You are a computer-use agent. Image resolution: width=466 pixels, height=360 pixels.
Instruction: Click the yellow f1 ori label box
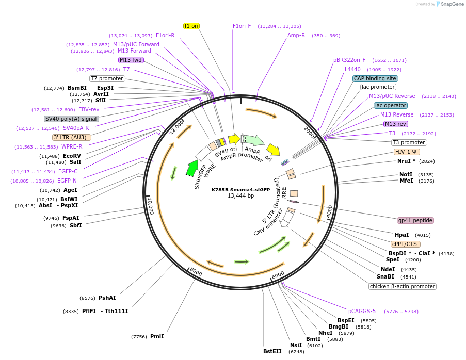(x=191, y=26)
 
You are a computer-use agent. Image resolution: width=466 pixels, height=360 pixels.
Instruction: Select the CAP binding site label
(x=375, y=78)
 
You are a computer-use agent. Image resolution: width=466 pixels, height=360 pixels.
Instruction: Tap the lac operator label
(x=390, y=105)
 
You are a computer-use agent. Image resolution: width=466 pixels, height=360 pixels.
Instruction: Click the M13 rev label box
(x=395, y=124)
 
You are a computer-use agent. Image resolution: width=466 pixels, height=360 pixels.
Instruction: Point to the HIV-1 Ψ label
(x=407, y=152)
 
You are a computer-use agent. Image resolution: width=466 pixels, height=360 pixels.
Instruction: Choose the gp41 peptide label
(x=415, y=220)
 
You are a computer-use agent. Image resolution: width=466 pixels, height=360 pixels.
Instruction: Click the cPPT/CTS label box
(x=405, y=244)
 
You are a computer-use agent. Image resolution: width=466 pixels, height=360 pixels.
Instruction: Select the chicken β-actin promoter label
(x=403, y=286)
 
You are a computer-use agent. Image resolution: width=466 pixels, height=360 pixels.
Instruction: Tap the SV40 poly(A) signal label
(x=71, y=119)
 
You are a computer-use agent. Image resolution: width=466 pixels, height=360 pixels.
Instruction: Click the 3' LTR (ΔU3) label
(x=72, y=137)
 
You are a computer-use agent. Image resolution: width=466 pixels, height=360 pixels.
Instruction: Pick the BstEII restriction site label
(x=273, y=352)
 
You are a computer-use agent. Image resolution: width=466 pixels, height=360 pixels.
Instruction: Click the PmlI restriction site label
(x=157, y=336)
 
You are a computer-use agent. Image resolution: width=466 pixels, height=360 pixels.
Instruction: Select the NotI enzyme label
(x=406, y=174)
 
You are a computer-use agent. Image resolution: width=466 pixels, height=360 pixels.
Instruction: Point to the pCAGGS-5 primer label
(x=362, y=311)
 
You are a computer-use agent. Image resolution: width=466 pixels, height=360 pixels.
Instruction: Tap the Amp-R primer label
(x=296, y=35)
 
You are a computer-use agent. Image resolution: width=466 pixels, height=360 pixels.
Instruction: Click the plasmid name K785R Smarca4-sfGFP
(x=240, y=189)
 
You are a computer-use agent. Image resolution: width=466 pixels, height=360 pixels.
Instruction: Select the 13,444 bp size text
(x=240, y=196)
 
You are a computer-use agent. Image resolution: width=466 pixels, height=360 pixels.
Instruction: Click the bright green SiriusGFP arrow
(x=192, y=168)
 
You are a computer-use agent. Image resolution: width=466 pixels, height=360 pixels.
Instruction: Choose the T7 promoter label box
(x=107, y=78)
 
